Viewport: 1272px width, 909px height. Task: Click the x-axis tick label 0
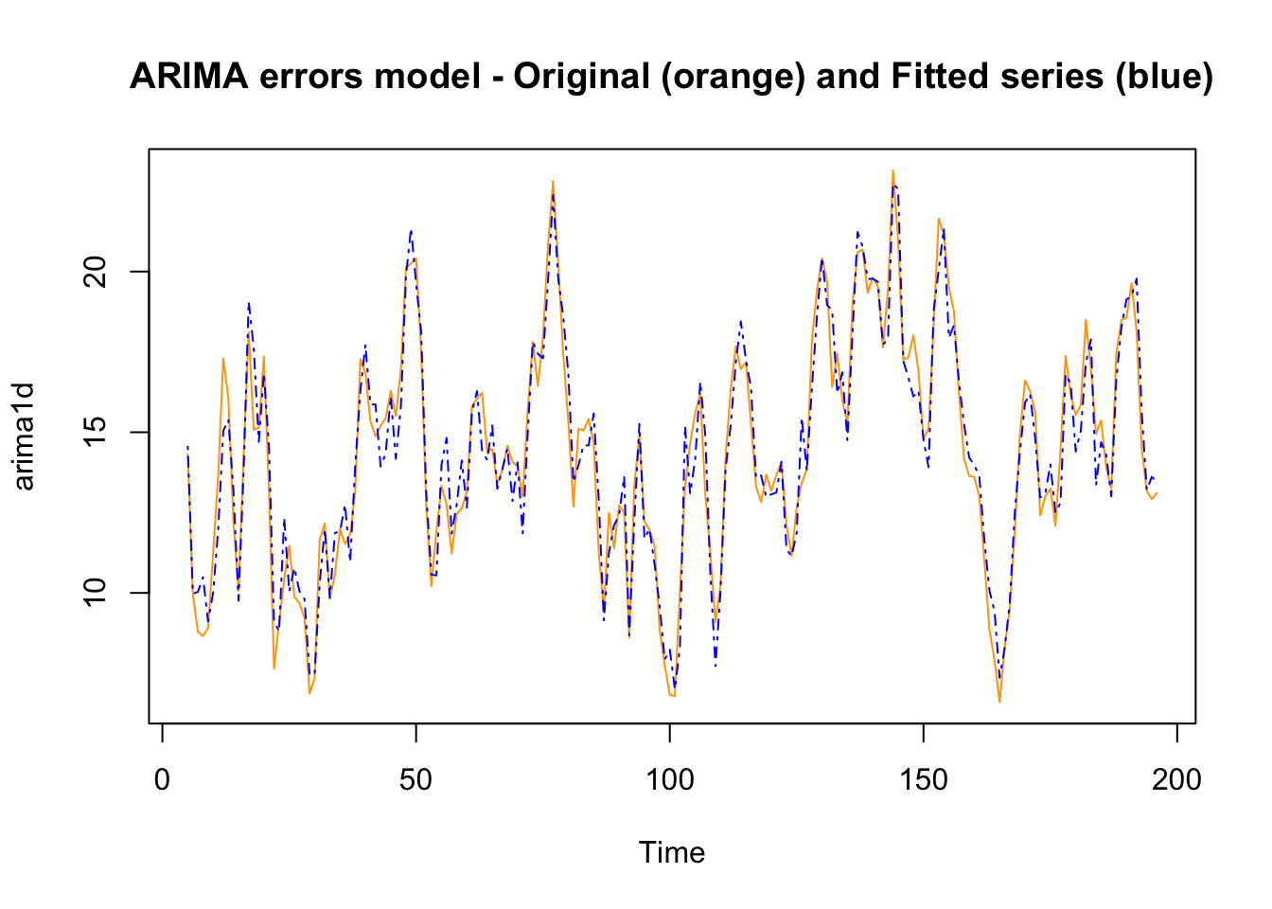tap(163, 780)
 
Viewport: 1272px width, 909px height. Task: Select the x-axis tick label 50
tap(415, 780)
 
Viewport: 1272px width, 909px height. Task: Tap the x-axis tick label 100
tap(669, 780)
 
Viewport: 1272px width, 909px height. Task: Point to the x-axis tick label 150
tap(923, 780)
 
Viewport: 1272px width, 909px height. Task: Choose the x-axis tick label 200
tap(1176, 780)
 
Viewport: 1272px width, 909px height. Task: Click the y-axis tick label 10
tap(96, 593)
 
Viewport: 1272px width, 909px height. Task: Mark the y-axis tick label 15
tap(96, 432)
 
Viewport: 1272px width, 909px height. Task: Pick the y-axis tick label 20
tap(96, 272)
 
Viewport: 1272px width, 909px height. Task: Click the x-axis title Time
tap(672, 853)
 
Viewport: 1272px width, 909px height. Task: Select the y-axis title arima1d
tap(25, 437)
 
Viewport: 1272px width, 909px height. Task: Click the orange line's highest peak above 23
tap(892, 171)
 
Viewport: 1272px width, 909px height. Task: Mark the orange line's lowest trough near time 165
tap(999, 702)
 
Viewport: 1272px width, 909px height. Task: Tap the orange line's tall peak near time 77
tap(553, 181)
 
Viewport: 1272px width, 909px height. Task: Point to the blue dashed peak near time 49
tap(411, 230)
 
